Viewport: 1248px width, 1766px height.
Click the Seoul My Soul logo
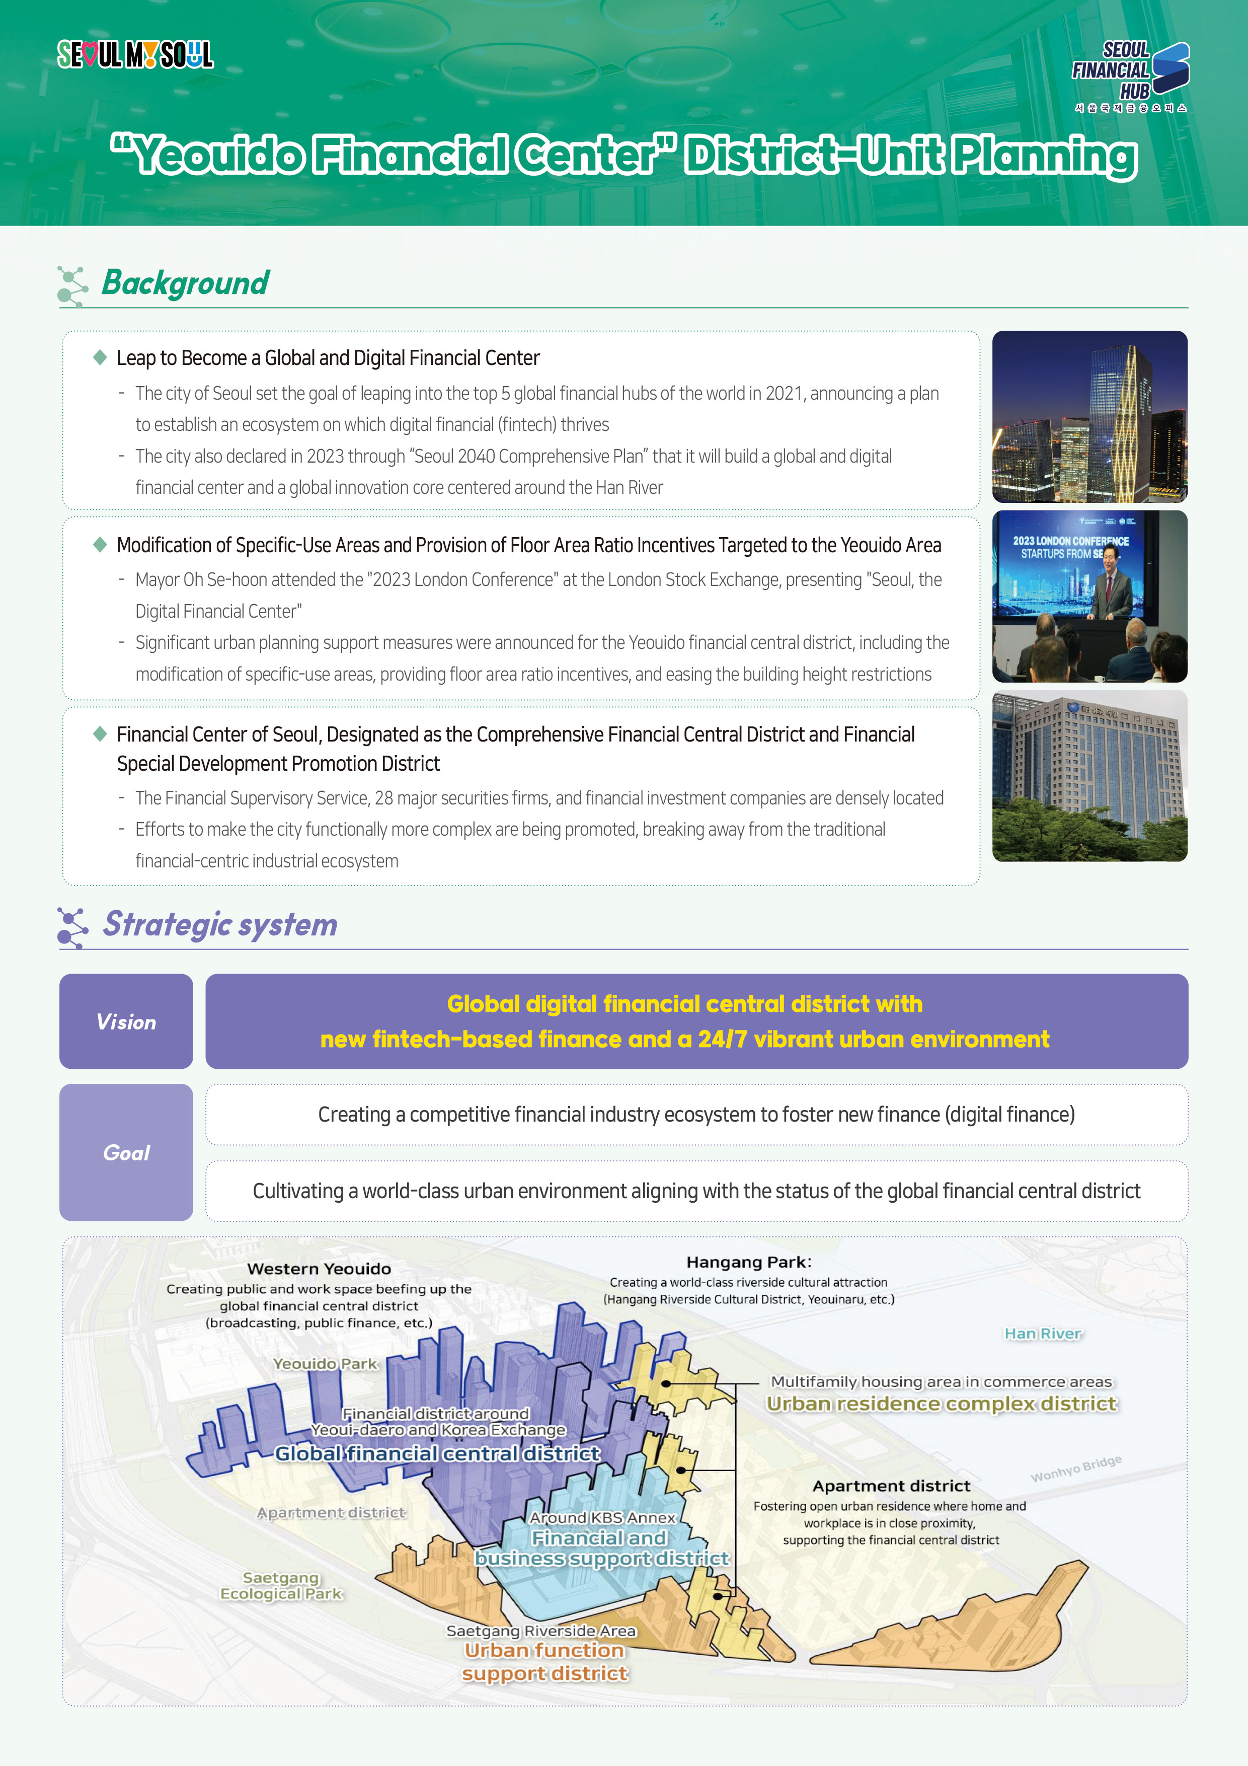point(135,54)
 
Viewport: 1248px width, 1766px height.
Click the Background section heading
point(185,283)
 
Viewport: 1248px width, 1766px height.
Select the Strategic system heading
point(220,925)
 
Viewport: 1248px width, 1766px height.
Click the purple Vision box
point(126,1021)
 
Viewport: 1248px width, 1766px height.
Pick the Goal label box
point(126,1152)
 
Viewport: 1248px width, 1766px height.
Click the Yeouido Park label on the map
point(325,1364)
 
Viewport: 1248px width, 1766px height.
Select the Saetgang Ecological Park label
point(281,1585)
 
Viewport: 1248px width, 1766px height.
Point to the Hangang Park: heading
point(748,1262)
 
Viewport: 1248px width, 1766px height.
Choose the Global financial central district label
point(437,1454)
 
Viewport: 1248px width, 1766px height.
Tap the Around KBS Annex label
point(602,1517)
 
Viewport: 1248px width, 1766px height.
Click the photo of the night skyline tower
point(1089,417)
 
